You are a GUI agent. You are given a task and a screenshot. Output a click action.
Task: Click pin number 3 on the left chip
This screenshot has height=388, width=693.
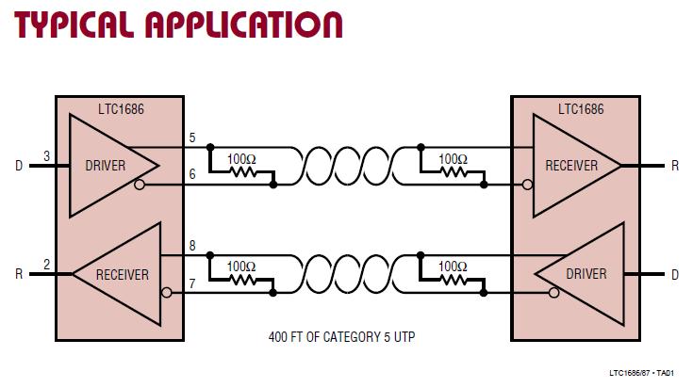pos(47,155)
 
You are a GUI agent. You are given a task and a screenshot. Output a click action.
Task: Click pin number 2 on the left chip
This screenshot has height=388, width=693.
pos(47,264)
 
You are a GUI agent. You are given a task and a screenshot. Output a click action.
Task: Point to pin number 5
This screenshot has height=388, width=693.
pos(192,137)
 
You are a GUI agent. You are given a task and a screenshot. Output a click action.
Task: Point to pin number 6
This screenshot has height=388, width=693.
pos(192,175)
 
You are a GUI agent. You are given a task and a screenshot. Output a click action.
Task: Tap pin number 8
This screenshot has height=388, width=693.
pos(192,246)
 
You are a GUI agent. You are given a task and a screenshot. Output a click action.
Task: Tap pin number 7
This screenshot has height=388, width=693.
pos(192,283)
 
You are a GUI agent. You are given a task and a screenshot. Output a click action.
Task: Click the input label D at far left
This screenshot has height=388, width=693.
pos(19,166)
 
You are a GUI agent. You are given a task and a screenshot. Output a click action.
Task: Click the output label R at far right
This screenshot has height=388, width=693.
pos(675,166)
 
